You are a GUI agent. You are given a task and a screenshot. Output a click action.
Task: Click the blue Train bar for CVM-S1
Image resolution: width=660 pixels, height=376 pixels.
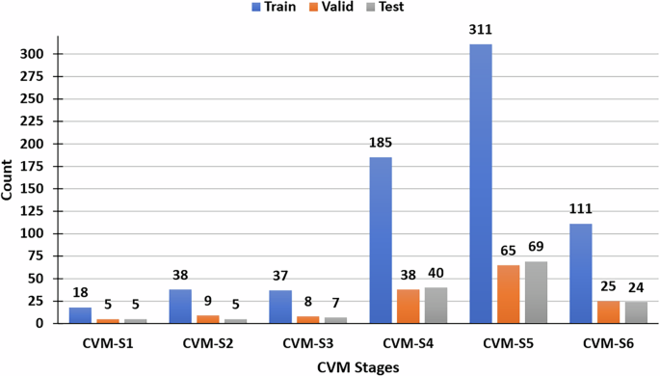[x=81, y=315]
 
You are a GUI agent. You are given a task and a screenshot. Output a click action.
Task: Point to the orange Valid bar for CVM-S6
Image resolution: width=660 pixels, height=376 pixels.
[x=609, y=311]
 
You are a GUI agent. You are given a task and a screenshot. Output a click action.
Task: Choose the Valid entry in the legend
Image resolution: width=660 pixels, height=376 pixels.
[x=330, y=7]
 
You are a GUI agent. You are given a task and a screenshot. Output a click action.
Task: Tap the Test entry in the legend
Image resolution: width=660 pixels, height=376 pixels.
[x=383, y=7]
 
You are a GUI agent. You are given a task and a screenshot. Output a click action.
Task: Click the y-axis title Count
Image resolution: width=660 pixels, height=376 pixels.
[x=9, y=180]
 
